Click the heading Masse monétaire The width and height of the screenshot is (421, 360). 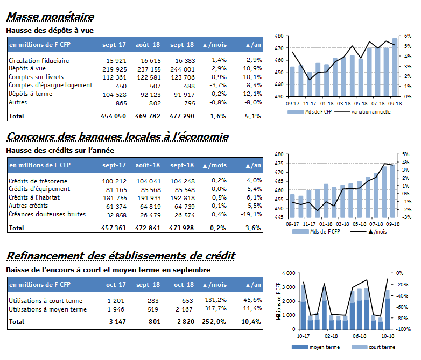[x=50, y=17]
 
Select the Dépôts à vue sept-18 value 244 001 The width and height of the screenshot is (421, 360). [x=183, y=69]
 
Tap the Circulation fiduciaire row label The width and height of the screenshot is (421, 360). [x=39, y=61]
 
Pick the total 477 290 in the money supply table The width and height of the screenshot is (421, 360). [x=182, y=116]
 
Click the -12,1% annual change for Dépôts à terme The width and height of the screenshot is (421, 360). [x=251, y=94]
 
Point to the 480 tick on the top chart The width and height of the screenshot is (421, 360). [x=279, y=36]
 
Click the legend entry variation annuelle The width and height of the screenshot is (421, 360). [x=371, y=112]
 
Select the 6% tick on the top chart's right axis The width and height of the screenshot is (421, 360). [x=408, y=36]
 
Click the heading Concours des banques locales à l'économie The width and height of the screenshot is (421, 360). [x=117, y=137]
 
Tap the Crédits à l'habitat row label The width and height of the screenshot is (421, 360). [x=34, y=197]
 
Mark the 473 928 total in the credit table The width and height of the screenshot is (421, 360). [x=181, y=228]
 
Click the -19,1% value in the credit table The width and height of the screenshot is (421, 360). [x=251, y=214]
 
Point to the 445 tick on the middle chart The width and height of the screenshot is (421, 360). [x=279, y=217]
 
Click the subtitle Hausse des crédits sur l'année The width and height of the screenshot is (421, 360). [x=60, y=150]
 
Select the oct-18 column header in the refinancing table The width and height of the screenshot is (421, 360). [x=184, y=285]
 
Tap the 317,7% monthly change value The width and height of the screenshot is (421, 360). [x=215, y=308]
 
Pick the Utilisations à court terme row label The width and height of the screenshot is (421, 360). [x=45, y=301]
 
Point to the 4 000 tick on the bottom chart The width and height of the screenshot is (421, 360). [x=289, y=273]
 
